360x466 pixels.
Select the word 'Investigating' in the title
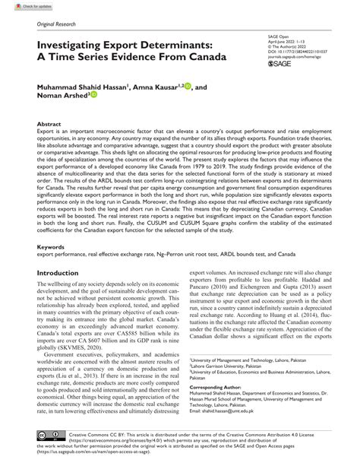tap(62, 46)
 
